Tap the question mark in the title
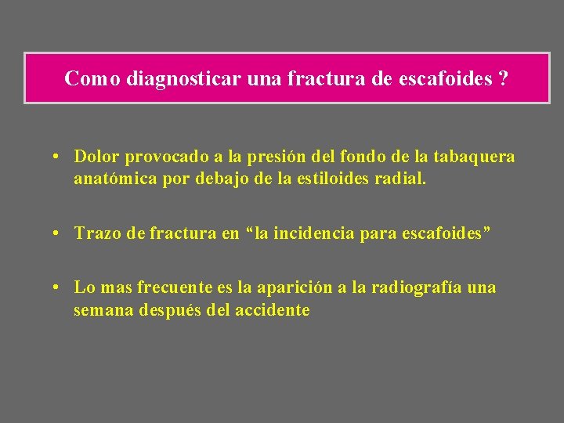(x=501, y=78)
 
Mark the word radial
(x=401, y=179)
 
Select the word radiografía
(x=412, y=288)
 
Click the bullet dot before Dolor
(x=59, y=157)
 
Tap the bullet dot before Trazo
(x=59, y=233)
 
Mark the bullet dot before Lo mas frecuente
(x=59, y=288)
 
